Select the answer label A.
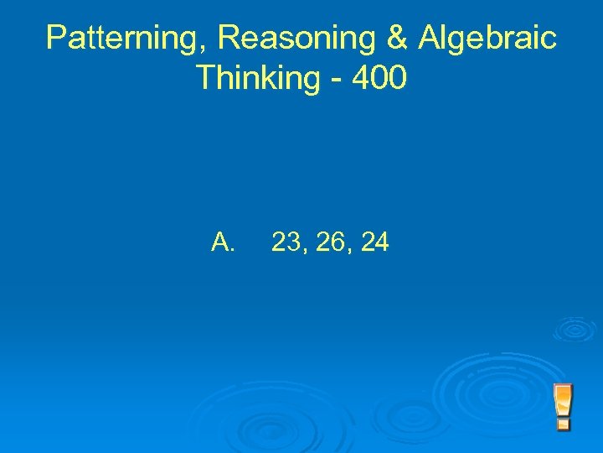click(224, 242)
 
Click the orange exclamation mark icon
click(563, 407)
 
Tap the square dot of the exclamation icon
click(563, 424)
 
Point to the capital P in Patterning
click(57, 38)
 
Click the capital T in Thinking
click(206, 78)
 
